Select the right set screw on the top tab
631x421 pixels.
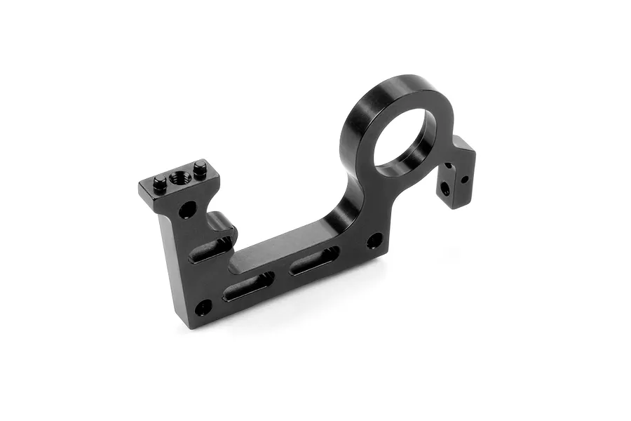[x=201, y=168]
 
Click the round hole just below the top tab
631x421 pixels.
[x=187, y=209]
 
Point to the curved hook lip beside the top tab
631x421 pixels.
[x=223, y=225]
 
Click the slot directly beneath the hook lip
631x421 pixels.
[x=211, y=250]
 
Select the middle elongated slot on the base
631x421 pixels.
[x=248, y=286]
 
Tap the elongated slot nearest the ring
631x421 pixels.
[x=315, y=260]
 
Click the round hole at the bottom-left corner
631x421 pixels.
[x=203, y=307]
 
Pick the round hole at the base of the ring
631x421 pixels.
[x=375, y=241]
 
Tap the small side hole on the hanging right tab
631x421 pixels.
[x=464, y=179]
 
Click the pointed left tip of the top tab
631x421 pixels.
[x=140, y=187]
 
